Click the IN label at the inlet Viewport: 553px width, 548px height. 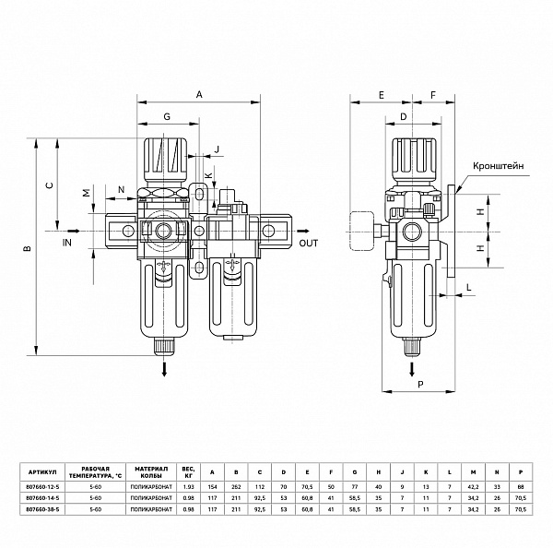[66, 243]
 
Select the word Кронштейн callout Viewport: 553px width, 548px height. [498, 168]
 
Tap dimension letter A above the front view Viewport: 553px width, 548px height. [199, 93]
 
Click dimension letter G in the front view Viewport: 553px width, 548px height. [166, 117]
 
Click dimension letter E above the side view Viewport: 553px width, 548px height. [381, 93]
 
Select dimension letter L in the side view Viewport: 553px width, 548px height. [469, 289]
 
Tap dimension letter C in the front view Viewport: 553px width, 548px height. [49, 185]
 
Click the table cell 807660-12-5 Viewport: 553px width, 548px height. [44, 486]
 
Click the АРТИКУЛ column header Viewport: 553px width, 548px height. [44, 467]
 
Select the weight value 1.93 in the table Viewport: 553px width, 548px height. [189, 486]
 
